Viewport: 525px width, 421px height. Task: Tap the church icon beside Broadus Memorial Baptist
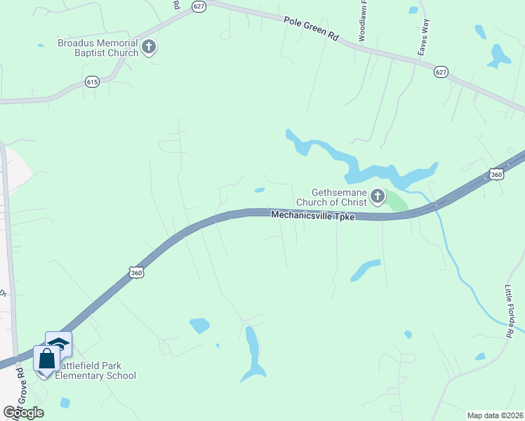tap(149, 48)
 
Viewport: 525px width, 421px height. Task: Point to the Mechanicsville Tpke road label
tap(312, 216)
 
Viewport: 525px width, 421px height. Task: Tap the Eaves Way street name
tap(423, 37)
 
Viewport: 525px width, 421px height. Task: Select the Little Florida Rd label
tap(510, 311)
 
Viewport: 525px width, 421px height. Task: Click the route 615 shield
tap(93, 81)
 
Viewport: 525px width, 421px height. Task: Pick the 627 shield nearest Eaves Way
tap(440, 72)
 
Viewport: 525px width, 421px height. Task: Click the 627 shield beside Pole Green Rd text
tap(199, 6)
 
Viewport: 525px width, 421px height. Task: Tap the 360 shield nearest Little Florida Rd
tap(496, 174)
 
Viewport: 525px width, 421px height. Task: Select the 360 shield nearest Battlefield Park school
tap(137, 272)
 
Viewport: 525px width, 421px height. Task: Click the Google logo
tap(23, 413)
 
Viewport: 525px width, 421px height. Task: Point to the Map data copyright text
tap(495, 415)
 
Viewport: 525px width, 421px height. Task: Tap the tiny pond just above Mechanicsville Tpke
tap(260, 189)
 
